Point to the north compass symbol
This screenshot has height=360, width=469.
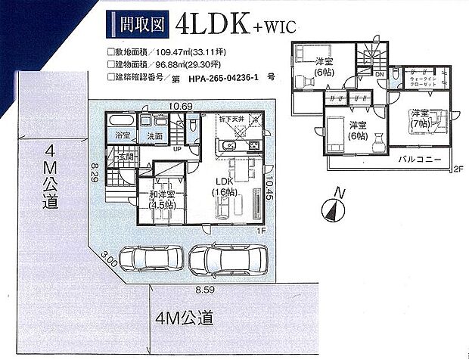pos(331,207)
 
